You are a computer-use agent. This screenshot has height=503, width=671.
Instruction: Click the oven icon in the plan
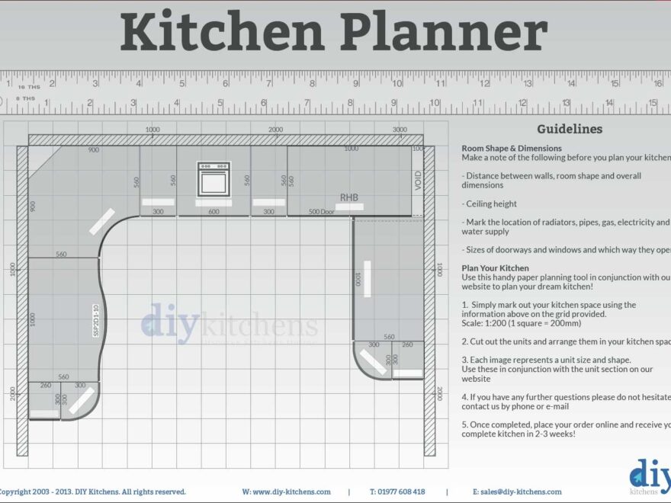tap(213, 178)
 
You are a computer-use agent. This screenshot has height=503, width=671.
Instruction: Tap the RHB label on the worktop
tap(348, 197)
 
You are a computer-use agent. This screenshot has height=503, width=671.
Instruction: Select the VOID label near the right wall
tap(418, 180)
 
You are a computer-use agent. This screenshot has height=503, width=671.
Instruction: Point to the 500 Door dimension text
tap(321, 211)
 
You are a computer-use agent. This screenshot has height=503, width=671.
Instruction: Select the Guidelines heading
tap(569, 129)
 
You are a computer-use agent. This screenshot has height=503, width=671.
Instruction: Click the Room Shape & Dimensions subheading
tap(512, 148)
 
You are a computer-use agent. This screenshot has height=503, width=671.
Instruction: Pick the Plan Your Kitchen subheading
tap(495, 268)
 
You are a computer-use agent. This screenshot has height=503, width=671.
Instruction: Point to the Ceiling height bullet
tap(489, 203)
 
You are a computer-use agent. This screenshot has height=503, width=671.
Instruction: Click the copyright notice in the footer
tap(92, 492)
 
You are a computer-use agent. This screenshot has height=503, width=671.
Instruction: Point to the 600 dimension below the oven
tap(213, 211)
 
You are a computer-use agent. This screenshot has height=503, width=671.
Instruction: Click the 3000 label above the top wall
tap(400, 130)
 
